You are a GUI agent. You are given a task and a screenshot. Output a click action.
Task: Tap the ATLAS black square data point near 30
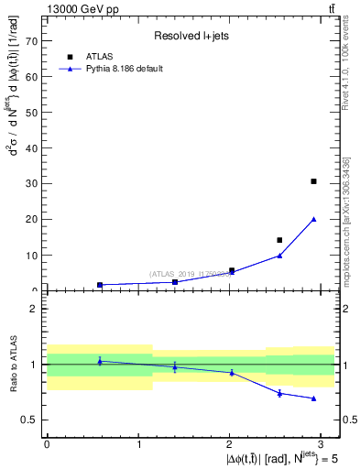pyautogui.click(x=313, y=181)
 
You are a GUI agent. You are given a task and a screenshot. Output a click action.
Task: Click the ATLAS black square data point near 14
pyautogui.click(x=279, y=240)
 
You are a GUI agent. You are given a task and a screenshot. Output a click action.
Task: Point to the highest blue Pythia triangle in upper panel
pyautogui.click(x=313, y=219)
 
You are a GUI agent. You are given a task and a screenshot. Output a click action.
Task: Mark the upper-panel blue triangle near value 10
pyautogui.click(x=279, y=256)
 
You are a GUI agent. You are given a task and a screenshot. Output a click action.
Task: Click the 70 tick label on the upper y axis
pyautogui.click(x=31, y=42)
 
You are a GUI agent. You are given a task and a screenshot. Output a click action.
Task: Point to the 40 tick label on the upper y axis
pyautogui.click(x=31, y=148)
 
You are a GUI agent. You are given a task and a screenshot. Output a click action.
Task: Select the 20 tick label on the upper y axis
pyautogui.click(x=31, y=220)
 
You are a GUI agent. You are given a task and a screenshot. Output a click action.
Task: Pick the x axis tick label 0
pyautogui.click(x=47, y=443)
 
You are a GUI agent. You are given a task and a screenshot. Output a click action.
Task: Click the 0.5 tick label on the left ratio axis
pyautogui.click(x=28, y=420)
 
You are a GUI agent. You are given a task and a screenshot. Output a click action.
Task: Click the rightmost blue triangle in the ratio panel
pyautogui.click(x=313, y=398)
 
